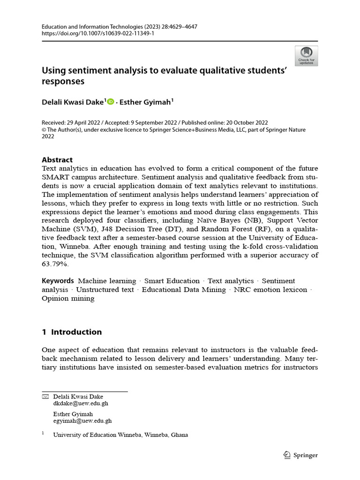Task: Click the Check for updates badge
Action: point(306,55)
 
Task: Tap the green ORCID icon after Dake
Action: point(111,102)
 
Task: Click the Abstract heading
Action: point(57,159)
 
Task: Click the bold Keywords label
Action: point(58,281)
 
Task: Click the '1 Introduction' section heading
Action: point(72,332)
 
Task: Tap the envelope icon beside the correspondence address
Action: point(45,397)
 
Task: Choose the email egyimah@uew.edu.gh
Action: point(82,421)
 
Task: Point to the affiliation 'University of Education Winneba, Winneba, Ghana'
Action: point(120,435)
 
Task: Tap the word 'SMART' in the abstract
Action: point(55,177)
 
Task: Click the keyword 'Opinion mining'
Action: point(68,299)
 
